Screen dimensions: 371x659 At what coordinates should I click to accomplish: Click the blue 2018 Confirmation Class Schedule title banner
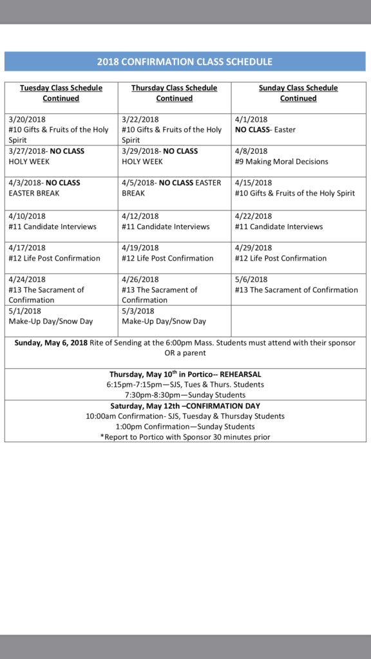(185, 62)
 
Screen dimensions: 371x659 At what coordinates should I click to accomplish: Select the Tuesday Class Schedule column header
(61, 93)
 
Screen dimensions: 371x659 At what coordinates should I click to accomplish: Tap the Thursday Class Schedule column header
(175, 93)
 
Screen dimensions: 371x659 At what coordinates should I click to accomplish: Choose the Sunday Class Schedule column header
(298, 93)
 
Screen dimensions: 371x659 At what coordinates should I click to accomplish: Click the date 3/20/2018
(26, 120)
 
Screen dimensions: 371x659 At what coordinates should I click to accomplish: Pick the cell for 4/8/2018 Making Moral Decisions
(298, 156)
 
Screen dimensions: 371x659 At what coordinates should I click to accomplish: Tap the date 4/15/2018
(253, 183)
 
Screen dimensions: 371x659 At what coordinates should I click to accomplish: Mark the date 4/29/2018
(253, 248)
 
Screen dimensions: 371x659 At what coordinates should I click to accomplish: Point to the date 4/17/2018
(26, 248)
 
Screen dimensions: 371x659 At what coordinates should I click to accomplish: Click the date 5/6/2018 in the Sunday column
(251, 279)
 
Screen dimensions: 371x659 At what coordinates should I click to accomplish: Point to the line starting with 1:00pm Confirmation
(185, 427)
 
